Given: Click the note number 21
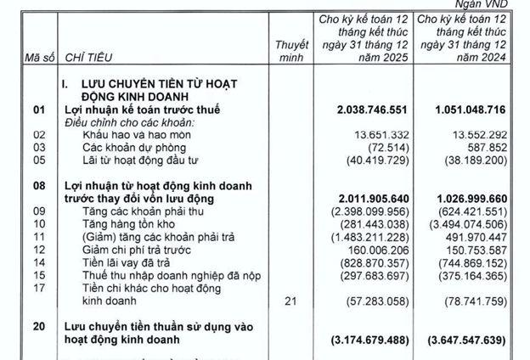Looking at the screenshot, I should pyautogui.click(x=290, y=301).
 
